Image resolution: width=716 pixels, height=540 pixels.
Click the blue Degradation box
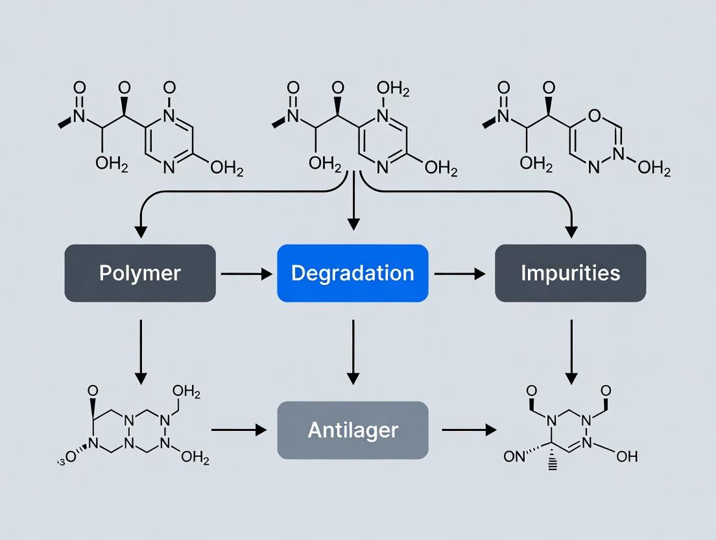[x=352, y=273]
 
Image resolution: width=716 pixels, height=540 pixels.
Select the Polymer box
[x=140, y=273]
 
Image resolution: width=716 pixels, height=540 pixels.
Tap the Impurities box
[x=570, y=273]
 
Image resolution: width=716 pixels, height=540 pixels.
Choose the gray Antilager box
[x=352, y=430]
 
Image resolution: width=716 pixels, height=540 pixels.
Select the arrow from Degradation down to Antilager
[x=353, y=350]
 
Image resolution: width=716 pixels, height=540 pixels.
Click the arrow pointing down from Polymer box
[x=141, y=350]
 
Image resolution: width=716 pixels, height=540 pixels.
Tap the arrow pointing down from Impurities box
[x=571, y=350]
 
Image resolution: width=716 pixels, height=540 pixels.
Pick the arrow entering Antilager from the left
[x=239, y=430]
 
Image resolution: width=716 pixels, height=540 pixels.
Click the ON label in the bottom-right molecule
[x=514, y=456]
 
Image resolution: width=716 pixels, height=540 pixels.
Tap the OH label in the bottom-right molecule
[x=627, y=456]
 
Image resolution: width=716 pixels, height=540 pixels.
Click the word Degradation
[x=352, y=273]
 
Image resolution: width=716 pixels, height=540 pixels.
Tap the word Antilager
[x=352, y=430]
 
